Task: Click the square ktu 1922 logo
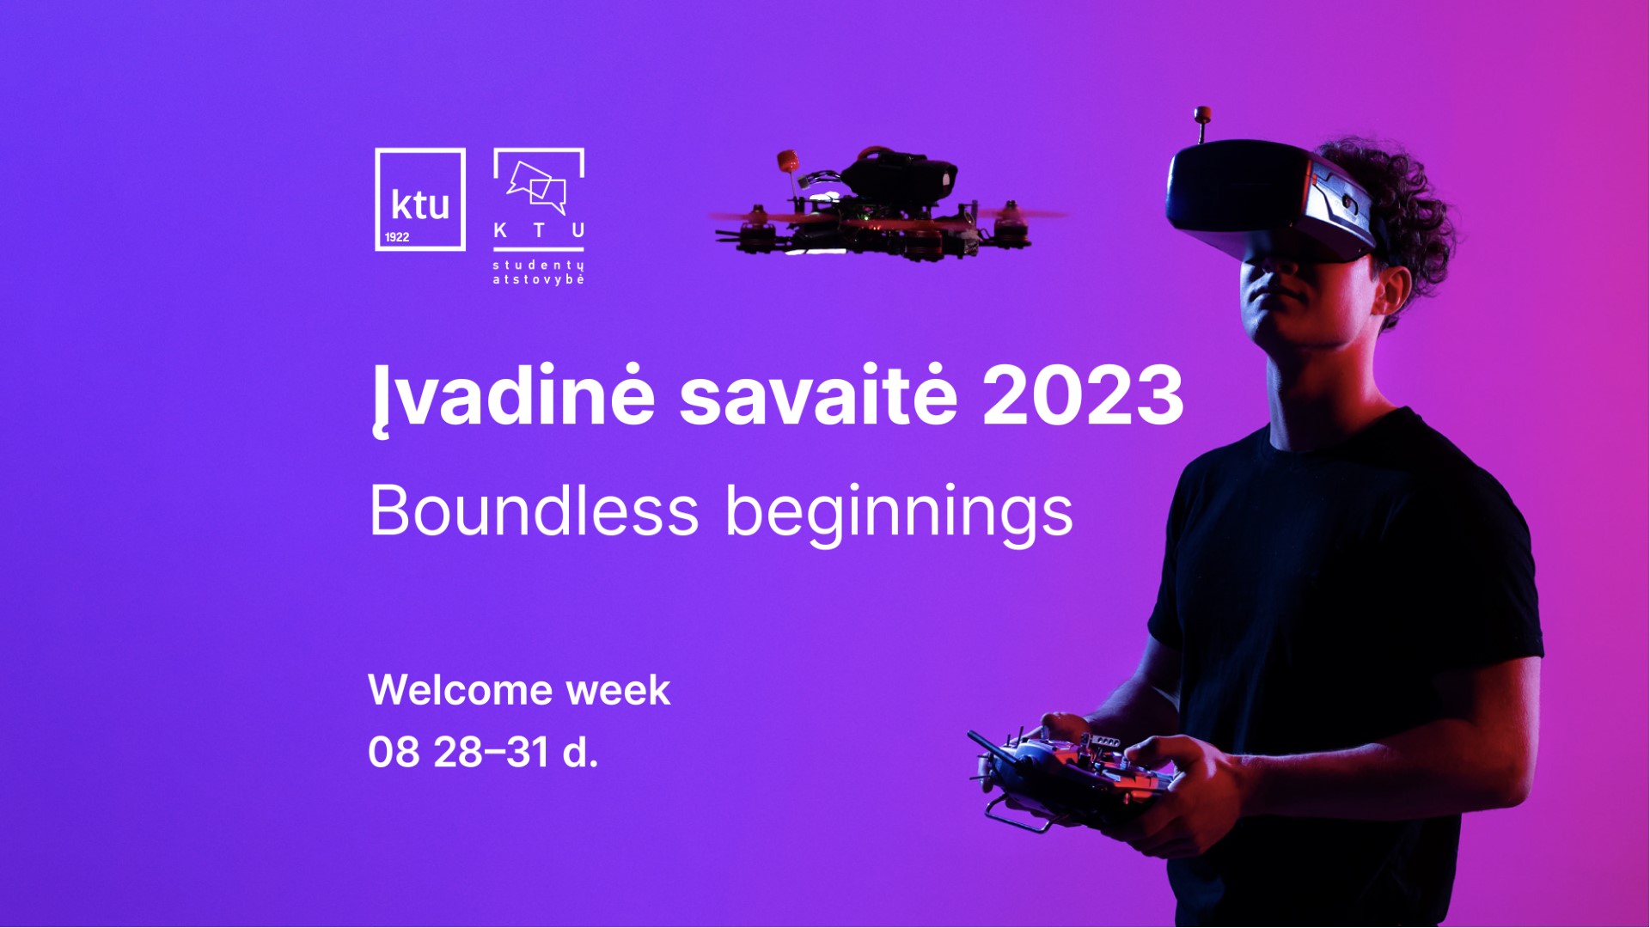pyautogui.click(x=420, y=199)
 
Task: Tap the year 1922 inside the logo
pyautogui.click(x=397, y=237)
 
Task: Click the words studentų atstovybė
pyautogui.click(x=539, y=272)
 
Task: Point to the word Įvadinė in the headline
pyautogui.click(x=513, y=397)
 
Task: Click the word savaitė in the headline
pyautogui.click(x=817, y=397)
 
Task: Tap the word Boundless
pyautogui.click(x=534, y=511)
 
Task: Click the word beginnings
pyautogui.click(x=899, y=513)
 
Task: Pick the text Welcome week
pyautogui.click(x=519, y=690)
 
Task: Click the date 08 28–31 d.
pyautogui.click(x=483, y=753)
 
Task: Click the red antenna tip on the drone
pyautogui.click(x=786, y=161)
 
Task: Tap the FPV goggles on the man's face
pyautogui.click(x=1263, y=202)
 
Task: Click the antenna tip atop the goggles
pyautogui.click(x=1202, y=114)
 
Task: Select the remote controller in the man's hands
pyautogui.click(x=1074, y=773)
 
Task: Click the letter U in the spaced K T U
pyautogui.click(x=578, y=230)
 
